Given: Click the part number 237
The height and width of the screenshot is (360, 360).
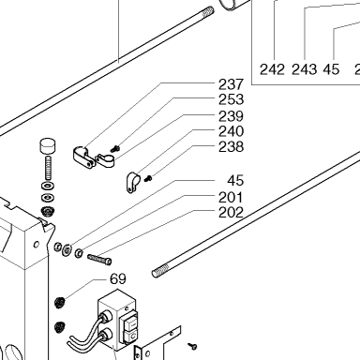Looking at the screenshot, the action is tap(231, 84).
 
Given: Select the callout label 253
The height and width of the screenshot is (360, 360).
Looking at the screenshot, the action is tap(231, 99).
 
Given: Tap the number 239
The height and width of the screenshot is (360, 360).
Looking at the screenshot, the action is tap(231, 116).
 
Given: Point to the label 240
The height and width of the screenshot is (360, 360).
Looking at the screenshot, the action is tap(231, 131).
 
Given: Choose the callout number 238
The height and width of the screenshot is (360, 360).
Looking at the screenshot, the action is tap(231, 146).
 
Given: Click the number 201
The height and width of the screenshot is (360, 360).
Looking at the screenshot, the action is tap(231, 198).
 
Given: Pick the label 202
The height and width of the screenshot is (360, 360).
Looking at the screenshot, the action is tap(231, 213).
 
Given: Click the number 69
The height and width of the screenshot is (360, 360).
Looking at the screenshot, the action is tap(118, 279).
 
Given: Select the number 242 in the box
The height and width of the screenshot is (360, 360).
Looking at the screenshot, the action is tap(272, 69).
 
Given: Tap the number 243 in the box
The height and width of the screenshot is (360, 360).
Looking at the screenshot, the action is tap(304, 69).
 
